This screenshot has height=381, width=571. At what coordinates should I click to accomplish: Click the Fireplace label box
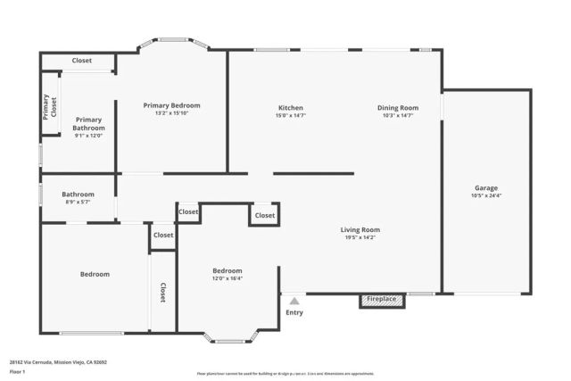point(383,299)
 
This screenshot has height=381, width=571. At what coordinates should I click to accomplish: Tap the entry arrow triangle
point(294,301)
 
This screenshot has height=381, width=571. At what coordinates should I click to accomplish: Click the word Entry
point(294,312)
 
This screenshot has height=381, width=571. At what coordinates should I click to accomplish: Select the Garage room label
point(486,188)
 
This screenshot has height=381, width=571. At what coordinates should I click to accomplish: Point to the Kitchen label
point(291,108)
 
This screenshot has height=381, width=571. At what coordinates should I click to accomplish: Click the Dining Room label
point(397,108)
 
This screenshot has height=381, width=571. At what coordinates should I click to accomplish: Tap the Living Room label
point(360,230)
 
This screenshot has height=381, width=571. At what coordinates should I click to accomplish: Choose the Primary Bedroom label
point(172,105)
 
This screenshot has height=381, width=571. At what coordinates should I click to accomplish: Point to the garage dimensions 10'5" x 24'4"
point(486,195)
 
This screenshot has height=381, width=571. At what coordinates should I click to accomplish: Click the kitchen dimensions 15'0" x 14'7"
point(291,115)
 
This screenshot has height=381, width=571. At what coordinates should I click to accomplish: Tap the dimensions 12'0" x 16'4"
point(227,277)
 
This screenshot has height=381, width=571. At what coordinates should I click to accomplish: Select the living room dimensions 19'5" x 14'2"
point(360,237)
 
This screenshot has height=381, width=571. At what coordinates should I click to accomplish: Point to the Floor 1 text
point(17,371)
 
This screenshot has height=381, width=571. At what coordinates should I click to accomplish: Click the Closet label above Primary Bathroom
point(81,61)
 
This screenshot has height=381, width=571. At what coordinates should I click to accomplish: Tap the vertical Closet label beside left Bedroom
point(162,292)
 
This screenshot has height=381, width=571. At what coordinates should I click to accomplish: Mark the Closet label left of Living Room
point(265,215)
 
